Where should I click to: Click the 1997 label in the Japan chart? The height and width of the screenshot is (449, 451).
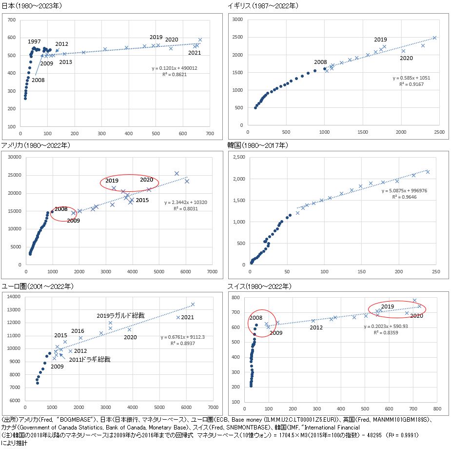coord(34,41)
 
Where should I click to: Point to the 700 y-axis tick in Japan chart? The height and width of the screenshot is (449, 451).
coord(12,20)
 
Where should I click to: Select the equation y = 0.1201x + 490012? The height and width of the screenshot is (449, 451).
coord(174,68)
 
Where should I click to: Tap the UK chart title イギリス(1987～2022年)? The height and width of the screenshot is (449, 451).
coord(262,6)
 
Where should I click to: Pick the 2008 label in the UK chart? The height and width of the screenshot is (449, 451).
coord(320,62)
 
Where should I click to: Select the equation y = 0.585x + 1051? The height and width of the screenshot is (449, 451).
coord(412,78)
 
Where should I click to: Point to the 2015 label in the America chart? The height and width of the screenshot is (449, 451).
coord(142,200)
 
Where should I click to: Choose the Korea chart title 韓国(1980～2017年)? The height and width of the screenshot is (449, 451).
coord(256,145)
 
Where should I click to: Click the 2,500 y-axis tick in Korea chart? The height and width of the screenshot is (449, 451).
coord(238,158)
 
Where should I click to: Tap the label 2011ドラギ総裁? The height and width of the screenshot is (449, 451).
coord(90,360)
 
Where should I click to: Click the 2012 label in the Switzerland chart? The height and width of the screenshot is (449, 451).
coord(316,327)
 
